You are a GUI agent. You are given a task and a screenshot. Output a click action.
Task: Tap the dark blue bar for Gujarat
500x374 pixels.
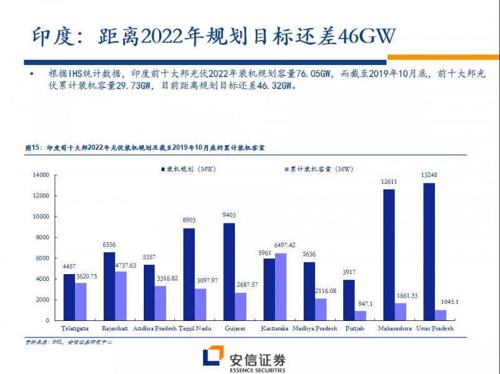229,272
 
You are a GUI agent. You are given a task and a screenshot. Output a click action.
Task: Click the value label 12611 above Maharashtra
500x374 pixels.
389,182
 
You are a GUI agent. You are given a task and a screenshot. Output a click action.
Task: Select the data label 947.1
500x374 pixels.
359,303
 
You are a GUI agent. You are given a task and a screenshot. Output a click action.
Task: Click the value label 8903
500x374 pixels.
188,221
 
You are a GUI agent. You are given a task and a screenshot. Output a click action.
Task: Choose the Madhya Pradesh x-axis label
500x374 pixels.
315,329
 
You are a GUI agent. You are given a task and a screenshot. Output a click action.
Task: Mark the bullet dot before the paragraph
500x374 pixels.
32,74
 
